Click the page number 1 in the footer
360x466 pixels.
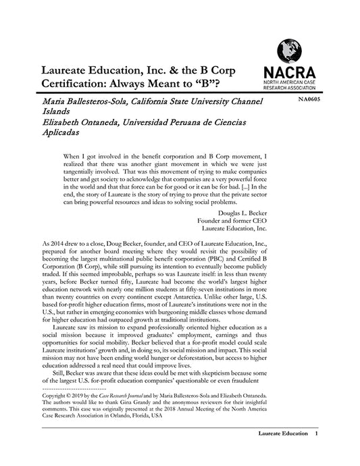pyautogui.click(x=315, y=450)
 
